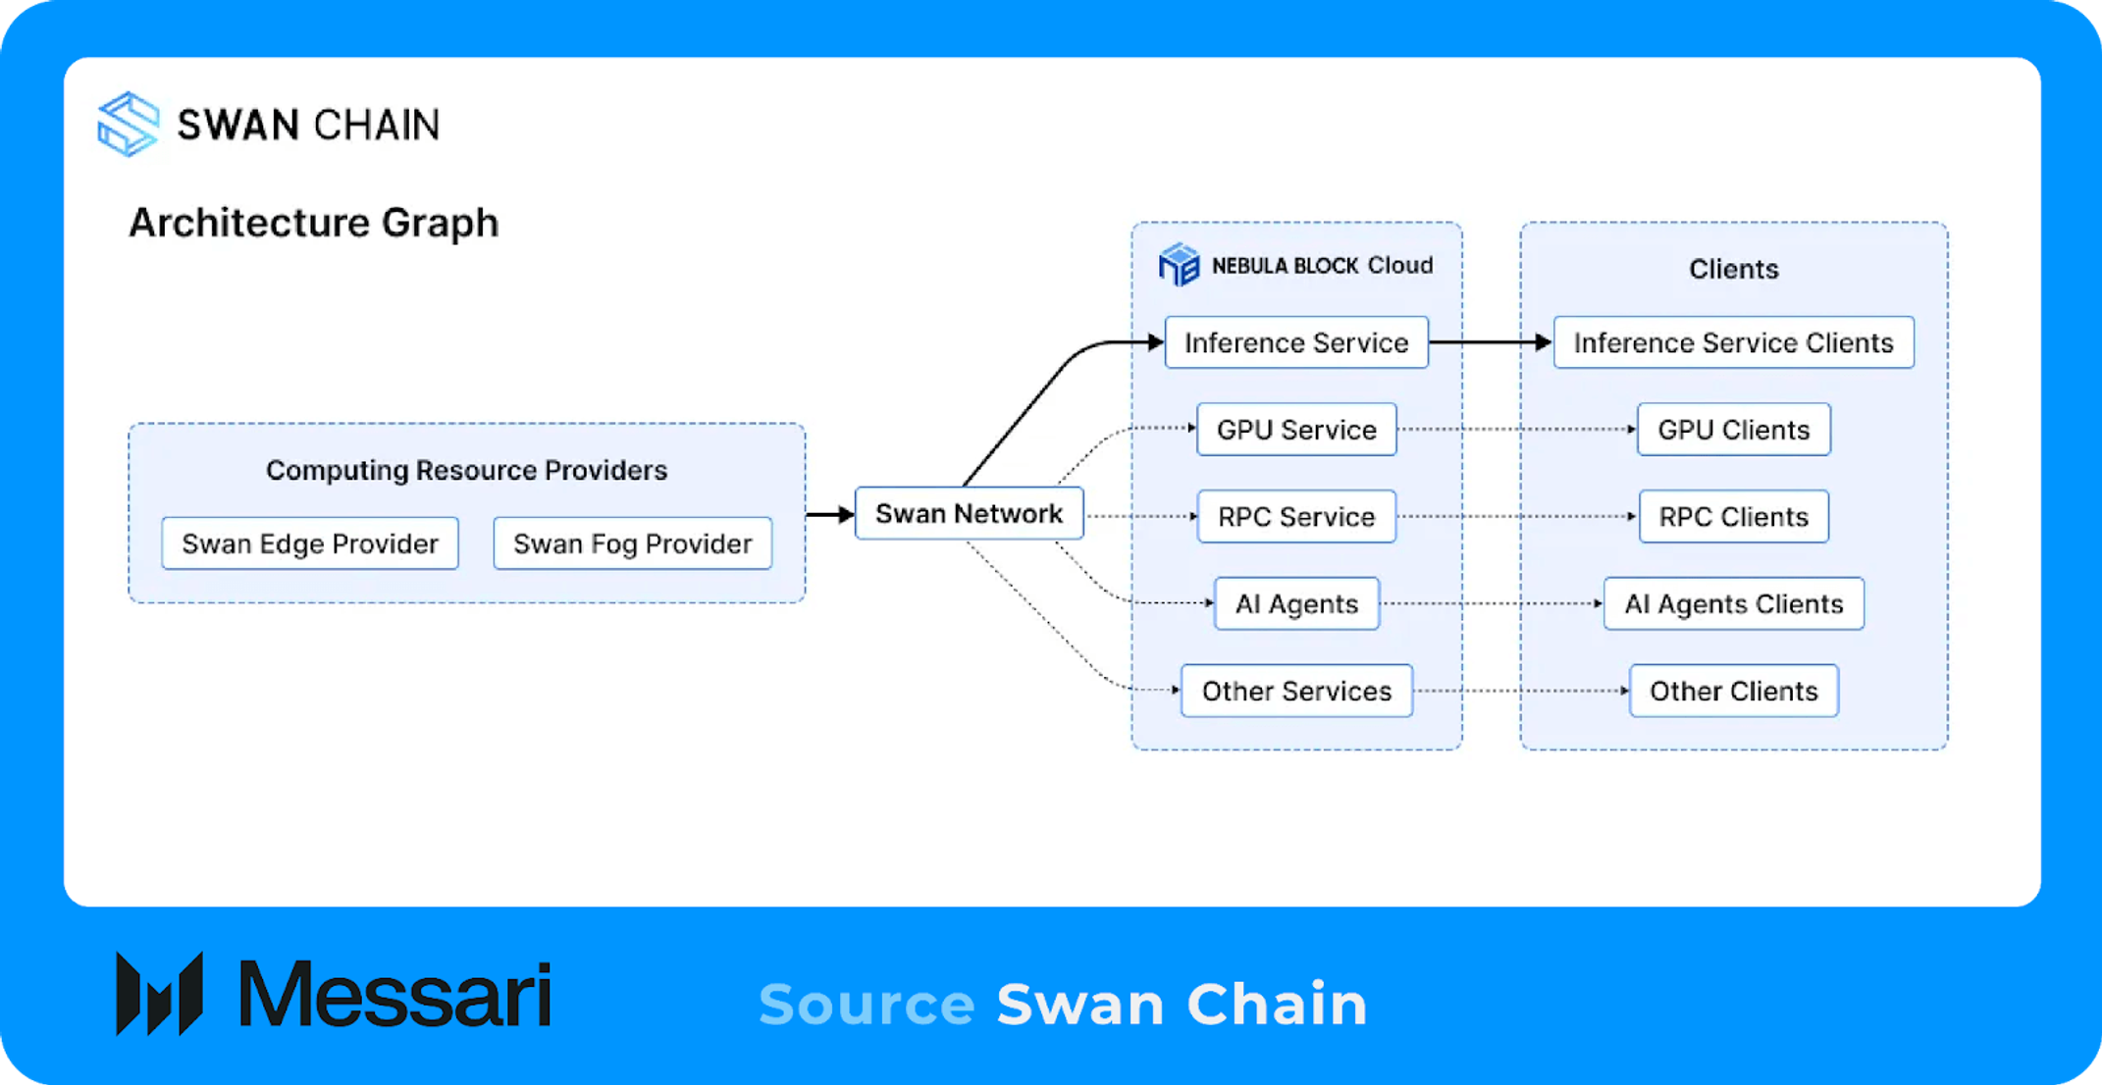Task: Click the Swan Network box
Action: pos(969,513)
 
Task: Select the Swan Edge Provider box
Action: pos(310,543)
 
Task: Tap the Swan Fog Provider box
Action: pos(633,543)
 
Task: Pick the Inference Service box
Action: pos(1296,342)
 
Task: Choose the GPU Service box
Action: pos(1296,430)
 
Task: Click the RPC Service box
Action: pos(1296,517)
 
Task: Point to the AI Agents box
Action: pos(1296,603)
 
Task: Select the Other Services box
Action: pos(1296,691)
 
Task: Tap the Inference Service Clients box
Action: pos(1734,342)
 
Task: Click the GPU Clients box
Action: pos(1734,430)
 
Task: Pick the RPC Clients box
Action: pos(1734,517)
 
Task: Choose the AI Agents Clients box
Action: pos(1734,603)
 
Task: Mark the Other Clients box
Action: pos(1734,691)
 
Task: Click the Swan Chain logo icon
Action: pos(129,124)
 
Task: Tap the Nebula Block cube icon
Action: pos(1179,265)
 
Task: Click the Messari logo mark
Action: pos(159,993)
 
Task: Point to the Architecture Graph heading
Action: pos(314,223)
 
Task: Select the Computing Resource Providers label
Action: pos(467,470)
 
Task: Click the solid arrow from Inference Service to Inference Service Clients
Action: pos(1491,342)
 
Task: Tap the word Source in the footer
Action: pos(867,1005)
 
